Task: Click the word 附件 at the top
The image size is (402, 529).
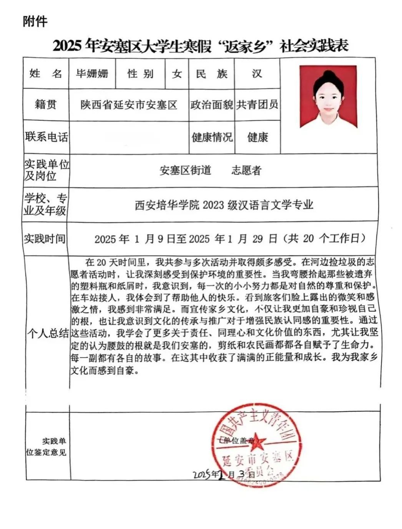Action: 35,21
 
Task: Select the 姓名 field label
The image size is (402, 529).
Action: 46,73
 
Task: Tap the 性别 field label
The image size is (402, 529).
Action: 140,73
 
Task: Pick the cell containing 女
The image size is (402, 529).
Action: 177,73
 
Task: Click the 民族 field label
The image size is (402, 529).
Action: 211,73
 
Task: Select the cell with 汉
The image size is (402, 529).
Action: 257,73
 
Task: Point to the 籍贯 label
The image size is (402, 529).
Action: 46,104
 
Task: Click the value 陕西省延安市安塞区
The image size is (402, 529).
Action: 129,105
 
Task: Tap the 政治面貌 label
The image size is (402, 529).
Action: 211,105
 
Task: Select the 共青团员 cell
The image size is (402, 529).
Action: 257,105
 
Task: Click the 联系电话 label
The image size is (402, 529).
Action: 46,137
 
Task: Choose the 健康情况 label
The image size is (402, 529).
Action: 212,137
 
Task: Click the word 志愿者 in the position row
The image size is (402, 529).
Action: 246,170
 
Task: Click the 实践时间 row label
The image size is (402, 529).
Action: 45,239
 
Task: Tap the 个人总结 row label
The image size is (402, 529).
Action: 48,333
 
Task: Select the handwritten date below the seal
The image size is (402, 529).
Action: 223,474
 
